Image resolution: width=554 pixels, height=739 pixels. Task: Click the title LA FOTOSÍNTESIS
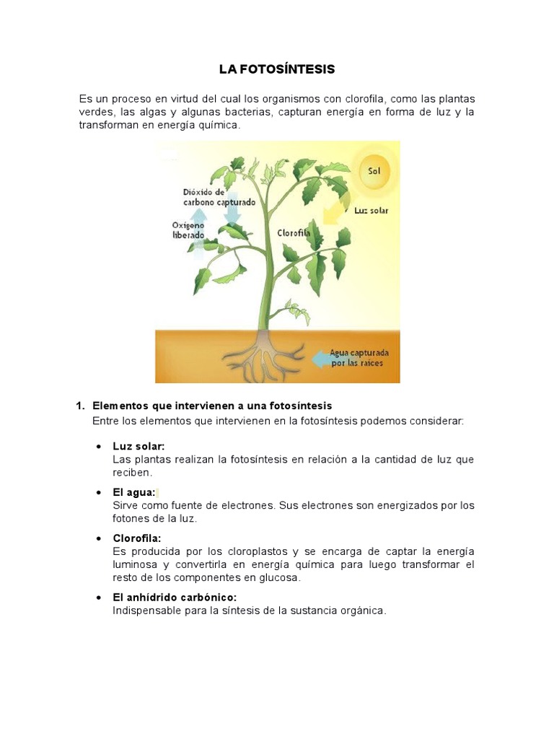click(277, 70)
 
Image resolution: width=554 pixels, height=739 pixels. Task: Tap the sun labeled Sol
click(374, 172)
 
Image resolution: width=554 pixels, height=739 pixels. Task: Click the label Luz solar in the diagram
click(371, 211)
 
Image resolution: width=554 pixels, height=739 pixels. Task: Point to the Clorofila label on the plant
click(294, 233)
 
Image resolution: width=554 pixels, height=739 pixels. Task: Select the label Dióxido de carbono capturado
click(219, 197)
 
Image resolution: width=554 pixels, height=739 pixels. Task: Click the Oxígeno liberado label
click(188, 230)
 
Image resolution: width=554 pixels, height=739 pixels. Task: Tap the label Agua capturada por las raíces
click(359, 357)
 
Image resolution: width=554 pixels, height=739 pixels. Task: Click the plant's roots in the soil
click(264, 353)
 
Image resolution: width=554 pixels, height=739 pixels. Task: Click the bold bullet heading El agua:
click(134, 492)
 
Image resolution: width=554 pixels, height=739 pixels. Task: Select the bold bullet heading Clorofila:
click(137, 538)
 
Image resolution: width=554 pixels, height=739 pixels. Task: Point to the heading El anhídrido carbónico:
click(175, 598)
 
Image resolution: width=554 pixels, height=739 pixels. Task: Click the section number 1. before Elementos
click(81, 406)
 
